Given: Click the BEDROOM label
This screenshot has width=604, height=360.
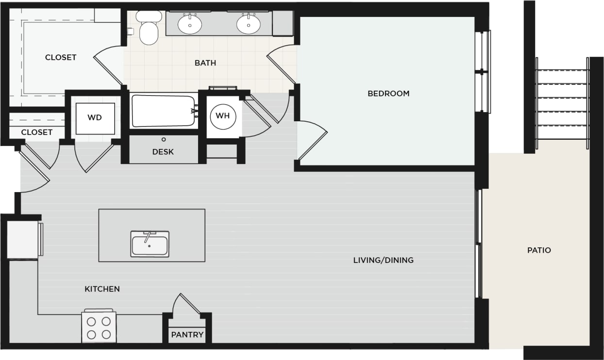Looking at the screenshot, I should pos(388,93).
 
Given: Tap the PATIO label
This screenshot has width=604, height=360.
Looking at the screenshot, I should pos(539,250).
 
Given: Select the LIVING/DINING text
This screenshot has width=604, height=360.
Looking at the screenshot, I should pos(383,260).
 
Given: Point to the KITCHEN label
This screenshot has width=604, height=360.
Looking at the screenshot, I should pos(102,289).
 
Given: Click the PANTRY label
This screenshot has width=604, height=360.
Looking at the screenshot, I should pos(187,335).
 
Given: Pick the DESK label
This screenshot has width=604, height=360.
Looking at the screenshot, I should pos(163,152).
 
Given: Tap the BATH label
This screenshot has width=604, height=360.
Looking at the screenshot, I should pos(205,63).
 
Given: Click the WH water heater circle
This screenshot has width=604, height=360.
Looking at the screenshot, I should pos(223,116).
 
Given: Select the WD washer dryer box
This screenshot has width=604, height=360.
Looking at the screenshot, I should pos(95,118).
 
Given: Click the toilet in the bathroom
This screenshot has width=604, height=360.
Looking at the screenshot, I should pos(148,29).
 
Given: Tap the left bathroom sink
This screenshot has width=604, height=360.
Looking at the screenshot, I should pos(190,24).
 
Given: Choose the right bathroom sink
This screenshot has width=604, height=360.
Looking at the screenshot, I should pos(249,24).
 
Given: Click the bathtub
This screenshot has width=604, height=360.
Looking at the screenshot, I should pos(163,112).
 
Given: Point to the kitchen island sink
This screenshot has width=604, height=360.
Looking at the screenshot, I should pos(150,244).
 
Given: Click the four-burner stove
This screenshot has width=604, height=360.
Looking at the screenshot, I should pos(98,327).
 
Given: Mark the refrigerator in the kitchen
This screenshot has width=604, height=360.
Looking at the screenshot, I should pos(23,240).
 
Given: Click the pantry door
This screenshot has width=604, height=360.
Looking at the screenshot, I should pos(189,303).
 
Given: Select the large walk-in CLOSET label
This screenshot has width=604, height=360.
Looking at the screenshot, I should pos(61,57).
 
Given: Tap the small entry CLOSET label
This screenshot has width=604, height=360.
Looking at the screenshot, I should pos(36,132).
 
